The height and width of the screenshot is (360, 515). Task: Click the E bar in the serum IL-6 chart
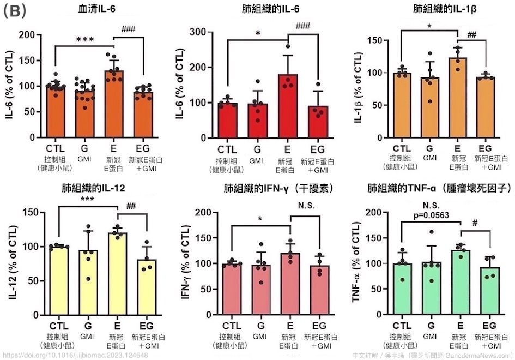point(114,104)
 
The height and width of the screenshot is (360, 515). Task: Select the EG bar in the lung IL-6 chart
point(319,122)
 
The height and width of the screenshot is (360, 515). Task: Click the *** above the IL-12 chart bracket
point(86,201)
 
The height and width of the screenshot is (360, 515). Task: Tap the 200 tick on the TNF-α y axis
point(374,212)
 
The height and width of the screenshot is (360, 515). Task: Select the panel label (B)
point(14,10)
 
